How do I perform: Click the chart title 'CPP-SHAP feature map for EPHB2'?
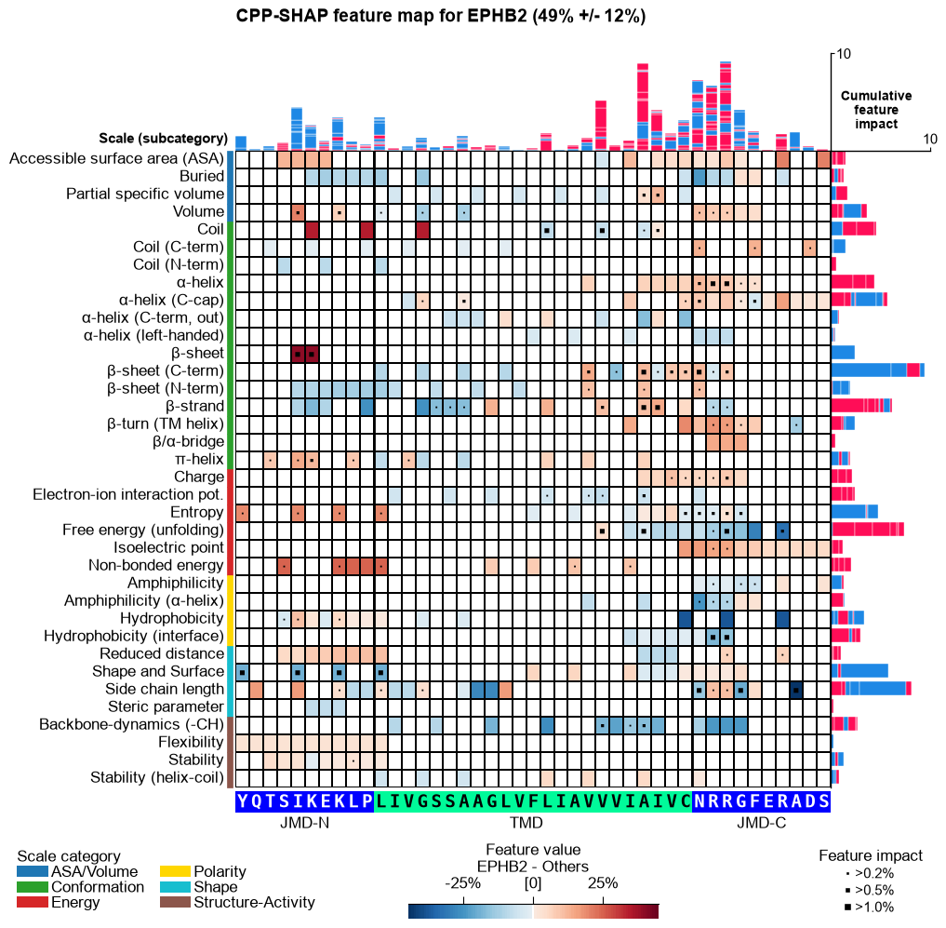(x=381, y=16)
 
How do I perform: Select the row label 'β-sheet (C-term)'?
(x=165, y=370)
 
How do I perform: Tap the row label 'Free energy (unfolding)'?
(x=143, y=531)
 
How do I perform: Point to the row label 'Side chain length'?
(x=164, y=689)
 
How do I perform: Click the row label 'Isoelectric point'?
(x=168, y=547)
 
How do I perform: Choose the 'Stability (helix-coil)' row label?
(x=157, y=777)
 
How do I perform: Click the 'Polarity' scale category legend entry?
(x=204, y=871)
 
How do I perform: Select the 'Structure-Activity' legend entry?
(x=238, y=902)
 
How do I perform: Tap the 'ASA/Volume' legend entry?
(x=77, y=871)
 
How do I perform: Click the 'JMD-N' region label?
(x=305, y=823)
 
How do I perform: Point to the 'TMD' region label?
(x=526, y=823)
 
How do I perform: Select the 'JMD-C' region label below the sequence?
(x=762, y=823)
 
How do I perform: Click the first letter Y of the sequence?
(x=242, y=801)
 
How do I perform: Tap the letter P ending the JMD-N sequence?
(x=366, y=801)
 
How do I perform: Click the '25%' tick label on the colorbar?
(x=603, y=883)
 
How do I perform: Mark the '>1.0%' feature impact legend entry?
(x=871, y=907)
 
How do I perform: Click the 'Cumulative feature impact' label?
(x=876, y=110)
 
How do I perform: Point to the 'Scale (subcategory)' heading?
(x=164, y=139)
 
